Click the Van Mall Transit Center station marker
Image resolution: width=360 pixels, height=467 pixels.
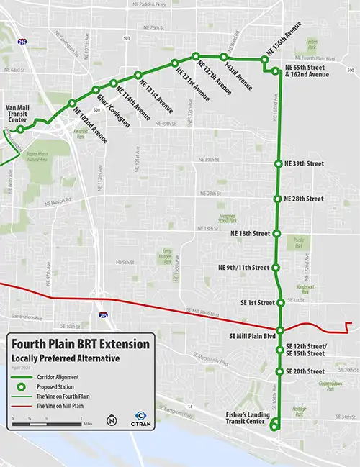[20, 130]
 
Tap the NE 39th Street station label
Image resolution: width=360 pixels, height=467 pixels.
[305, 163]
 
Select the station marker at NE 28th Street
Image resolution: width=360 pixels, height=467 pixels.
[278, 199]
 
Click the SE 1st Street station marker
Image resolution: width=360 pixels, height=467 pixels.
[279, 303]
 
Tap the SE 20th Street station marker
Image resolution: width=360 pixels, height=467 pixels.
[279, 371]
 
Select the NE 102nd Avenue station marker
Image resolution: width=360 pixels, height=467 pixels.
[72, 104]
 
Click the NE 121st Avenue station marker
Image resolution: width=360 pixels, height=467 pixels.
[137, 75]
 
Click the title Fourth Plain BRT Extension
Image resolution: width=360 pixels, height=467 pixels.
[81, 344]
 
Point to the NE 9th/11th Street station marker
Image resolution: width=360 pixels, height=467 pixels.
[276, 268]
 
